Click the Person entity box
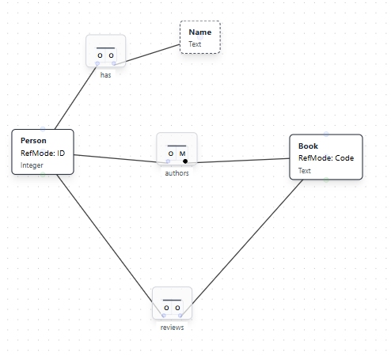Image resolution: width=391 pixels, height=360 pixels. pyautogui.click(x=43, y=152)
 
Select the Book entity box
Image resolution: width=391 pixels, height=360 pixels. pyautogui.click(x=325, y=157)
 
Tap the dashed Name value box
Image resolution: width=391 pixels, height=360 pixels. pyautogui.click(x=200, y=37)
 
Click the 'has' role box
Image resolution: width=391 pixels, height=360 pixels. pyautogui.click(x=105, y=51)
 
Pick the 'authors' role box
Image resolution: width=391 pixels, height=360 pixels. pyautogui.click(x=177, y=149)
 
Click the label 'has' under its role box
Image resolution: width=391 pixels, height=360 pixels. pyautogui.click(x=105, y=75)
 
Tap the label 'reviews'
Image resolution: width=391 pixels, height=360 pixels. pyautogui.click(x=172, y=327)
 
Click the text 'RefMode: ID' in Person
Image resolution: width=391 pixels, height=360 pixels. pyautogui.click(x=41, y=153)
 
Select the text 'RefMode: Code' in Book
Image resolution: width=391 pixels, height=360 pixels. pyautogui.click(x=326, y=158)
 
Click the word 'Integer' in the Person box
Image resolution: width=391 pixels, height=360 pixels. pyautogui.click(x=32, y=165)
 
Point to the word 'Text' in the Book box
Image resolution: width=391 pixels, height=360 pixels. pyautogui.click(x=305, y=170)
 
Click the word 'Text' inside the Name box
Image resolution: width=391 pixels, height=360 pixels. pyautogui.click(x=195, y=44)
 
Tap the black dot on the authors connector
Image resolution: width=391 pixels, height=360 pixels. pyautogui.click(x=185, y=161)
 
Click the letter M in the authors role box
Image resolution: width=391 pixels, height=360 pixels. pyautogui.click(x=183, y=153)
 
